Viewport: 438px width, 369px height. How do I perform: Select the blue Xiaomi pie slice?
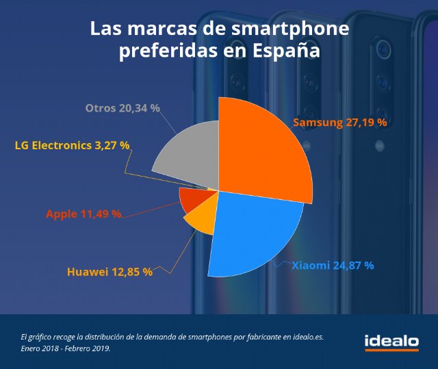[x=253, y=233]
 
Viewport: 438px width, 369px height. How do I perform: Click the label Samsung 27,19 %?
[x=340, y=123]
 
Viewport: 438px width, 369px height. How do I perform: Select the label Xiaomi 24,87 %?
[x=333, y=265]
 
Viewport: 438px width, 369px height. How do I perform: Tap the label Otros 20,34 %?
[x=123, y=108]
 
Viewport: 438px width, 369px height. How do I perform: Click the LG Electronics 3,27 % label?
[x=72, y=145]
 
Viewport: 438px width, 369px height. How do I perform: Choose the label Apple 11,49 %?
[x=83, y=214]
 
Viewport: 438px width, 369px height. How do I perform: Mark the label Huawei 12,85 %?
[x=109, y=272]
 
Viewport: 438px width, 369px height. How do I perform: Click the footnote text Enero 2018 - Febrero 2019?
[x=66, y=348]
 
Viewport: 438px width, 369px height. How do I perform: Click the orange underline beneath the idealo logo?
[x=391, y=350]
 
